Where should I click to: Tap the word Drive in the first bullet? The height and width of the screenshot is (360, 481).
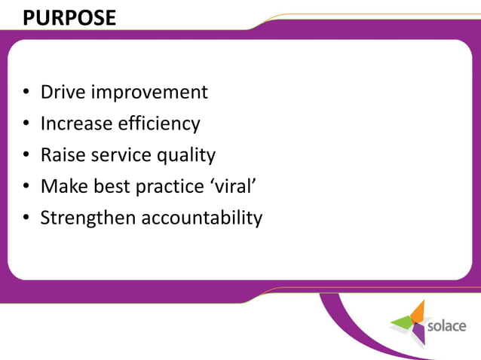[x=63, y=92]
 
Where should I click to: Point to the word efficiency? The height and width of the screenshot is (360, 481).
[x=158, y=124]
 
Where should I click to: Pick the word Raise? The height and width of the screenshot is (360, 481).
[x=63, y=155]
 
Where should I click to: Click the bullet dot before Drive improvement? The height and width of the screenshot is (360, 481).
[x=26, y=93]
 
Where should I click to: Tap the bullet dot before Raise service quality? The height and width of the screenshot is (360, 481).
[x=26, y=156]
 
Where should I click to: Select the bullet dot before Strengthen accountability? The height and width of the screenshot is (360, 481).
[x=26, y=218]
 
